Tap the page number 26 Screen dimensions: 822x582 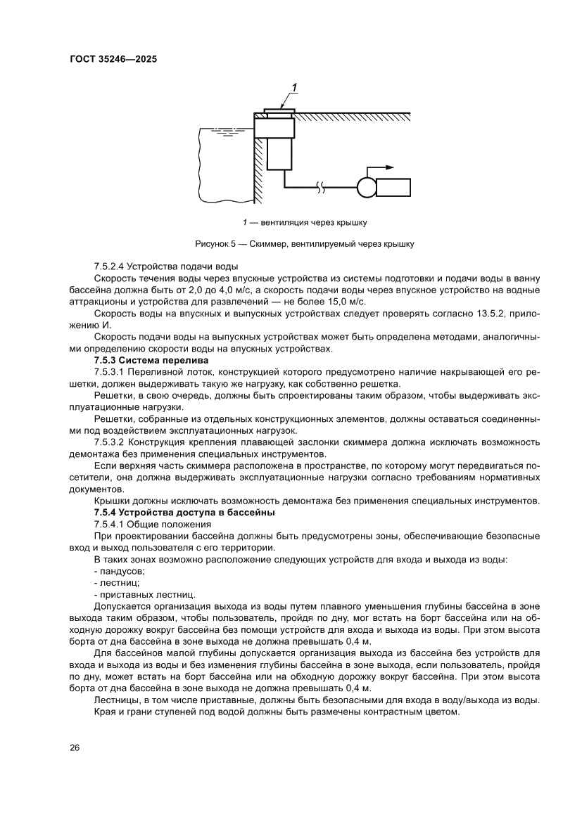(75, 747)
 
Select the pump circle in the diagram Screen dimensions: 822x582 (366, 188)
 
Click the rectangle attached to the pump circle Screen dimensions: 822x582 (393, 188)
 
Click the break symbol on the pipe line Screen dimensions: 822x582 (321, 188)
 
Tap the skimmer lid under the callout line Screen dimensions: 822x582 (279, 110)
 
